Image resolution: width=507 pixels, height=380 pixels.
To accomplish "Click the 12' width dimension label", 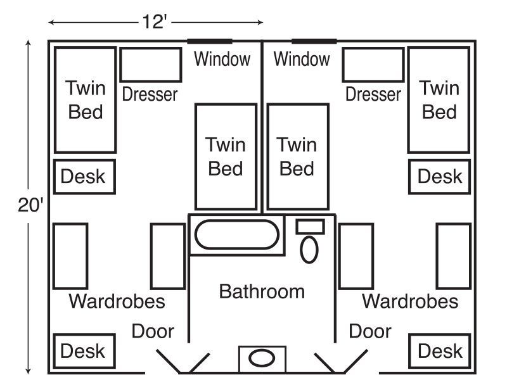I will click(x=155, y=22).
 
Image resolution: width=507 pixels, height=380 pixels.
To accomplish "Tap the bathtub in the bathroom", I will click(x=236, y=234).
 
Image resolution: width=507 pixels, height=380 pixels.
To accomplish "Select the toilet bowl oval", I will click(x=309, y=249).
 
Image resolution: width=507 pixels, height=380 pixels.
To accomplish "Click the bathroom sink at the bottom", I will click(x=261, y=358).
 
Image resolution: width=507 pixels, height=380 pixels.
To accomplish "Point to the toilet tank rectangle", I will click(x=310, y=226).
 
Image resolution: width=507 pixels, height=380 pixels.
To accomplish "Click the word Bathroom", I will click(x=262, y=291).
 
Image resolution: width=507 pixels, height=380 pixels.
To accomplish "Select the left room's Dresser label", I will click(x=150, y=94).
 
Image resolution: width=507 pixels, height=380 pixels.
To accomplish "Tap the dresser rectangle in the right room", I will click(x=373, y=65).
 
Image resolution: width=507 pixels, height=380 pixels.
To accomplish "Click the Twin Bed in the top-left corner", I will click(x=85, y=99).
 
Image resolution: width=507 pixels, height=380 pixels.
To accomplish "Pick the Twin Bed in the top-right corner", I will click(x=439, y=99).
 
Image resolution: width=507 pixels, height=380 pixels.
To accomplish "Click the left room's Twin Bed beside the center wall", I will click(x=226, y=156).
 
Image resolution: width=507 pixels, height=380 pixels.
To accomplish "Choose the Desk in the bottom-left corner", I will click(x=82, y=351).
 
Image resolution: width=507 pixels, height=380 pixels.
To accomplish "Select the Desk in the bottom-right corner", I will click(x=440, y=351).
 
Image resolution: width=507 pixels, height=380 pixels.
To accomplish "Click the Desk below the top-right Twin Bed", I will click(x=440, y=177).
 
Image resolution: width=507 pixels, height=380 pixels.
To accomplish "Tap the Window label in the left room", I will click(x=222, y=60).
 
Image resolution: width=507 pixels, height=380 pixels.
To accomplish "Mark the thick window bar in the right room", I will click(x=314, y=41).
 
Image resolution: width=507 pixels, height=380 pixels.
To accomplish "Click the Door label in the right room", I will click(x=370, y=331).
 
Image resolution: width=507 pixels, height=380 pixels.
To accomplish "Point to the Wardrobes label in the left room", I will click(x=117, y=301).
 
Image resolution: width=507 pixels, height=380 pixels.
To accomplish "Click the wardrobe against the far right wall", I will click(x=453, y=256).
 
